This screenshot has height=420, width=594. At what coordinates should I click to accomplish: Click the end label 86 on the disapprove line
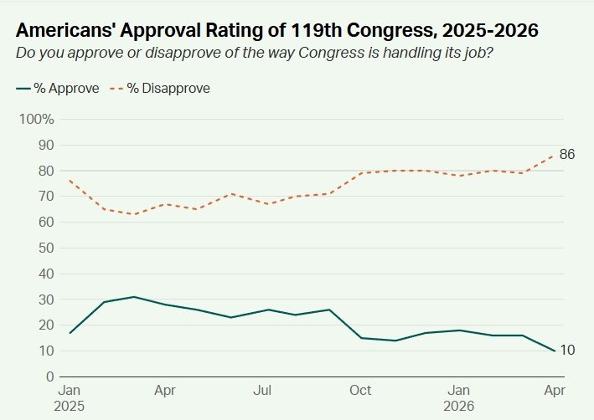pyautogui.click(x=567, y=154)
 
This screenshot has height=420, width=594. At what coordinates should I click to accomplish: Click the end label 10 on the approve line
pyautogui.click(x=567, y=350)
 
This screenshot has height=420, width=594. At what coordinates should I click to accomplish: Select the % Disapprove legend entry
pyautogui.click(x=161, y=89)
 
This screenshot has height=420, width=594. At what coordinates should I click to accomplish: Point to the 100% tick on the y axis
pyautogui.click(x=37, y=119)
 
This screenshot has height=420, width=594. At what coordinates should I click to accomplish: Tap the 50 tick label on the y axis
pyautogui.click(x=47, y=248)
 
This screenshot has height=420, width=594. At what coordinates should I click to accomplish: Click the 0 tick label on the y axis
pyautogui.click(x=50, y=376)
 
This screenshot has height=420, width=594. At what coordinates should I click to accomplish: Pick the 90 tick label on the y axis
pyautogui.click(x=47, y=145)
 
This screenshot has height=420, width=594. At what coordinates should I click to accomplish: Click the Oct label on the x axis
pyautogui.click(x=361, y=391)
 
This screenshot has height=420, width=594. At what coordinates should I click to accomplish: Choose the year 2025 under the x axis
pyautogui.click(x=70, y=406)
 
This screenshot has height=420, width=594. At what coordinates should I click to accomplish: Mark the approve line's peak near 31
pyautogui.click(x=134, y=297)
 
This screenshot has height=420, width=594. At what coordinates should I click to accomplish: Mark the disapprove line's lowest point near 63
pyautogui.click(x=134, y=214)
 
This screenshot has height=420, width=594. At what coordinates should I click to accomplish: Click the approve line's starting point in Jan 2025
pyautogui.click(x=69, y=333)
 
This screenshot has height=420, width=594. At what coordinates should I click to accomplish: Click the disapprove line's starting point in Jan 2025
pyautogui.click(x=69, y=181)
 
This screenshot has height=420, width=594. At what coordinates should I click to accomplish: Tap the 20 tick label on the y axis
pyautogui.click(x=47, y=325)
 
